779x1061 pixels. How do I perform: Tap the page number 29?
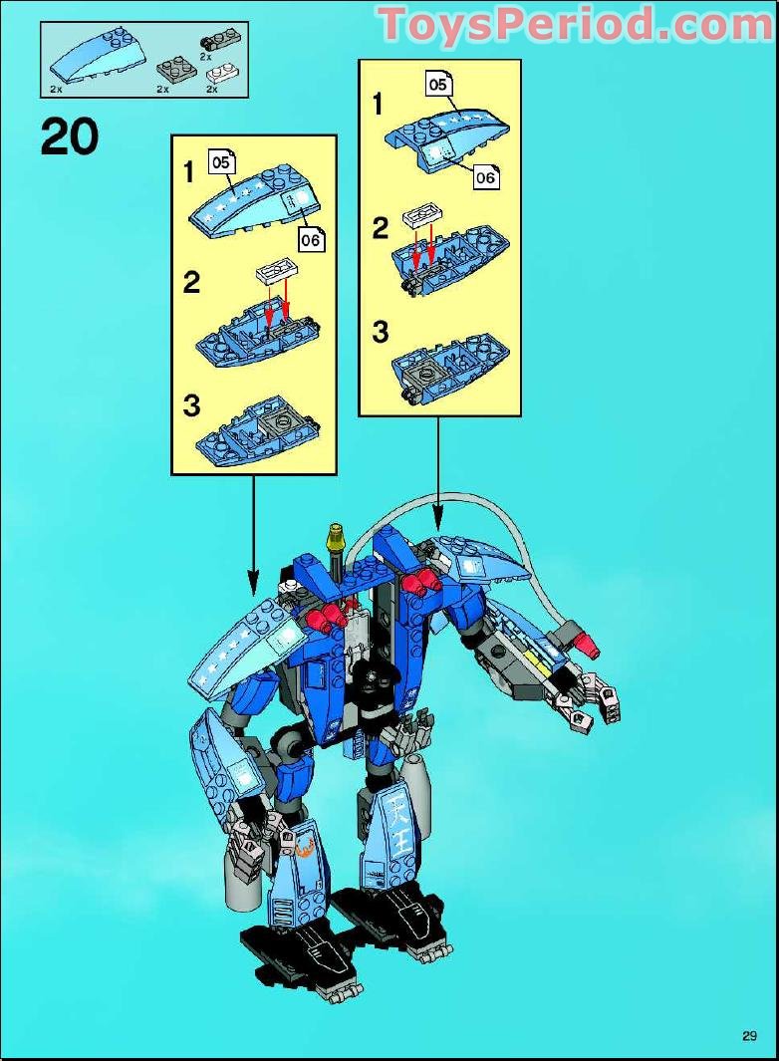(749, 1035)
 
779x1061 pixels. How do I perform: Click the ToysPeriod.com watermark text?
(576, 24)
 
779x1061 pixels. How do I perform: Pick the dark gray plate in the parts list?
(175, 69)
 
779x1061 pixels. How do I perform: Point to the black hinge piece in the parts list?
(212, 41)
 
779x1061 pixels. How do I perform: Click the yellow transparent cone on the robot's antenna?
(336, 542)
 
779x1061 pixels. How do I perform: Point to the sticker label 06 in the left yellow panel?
(311, 239)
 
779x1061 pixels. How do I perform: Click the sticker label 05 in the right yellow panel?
(438, 84)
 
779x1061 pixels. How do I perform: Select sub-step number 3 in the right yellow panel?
(380, 332)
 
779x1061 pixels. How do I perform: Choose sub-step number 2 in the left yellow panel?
(191, 282)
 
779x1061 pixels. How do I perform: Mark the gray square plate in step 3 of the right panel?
(426, 376)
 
